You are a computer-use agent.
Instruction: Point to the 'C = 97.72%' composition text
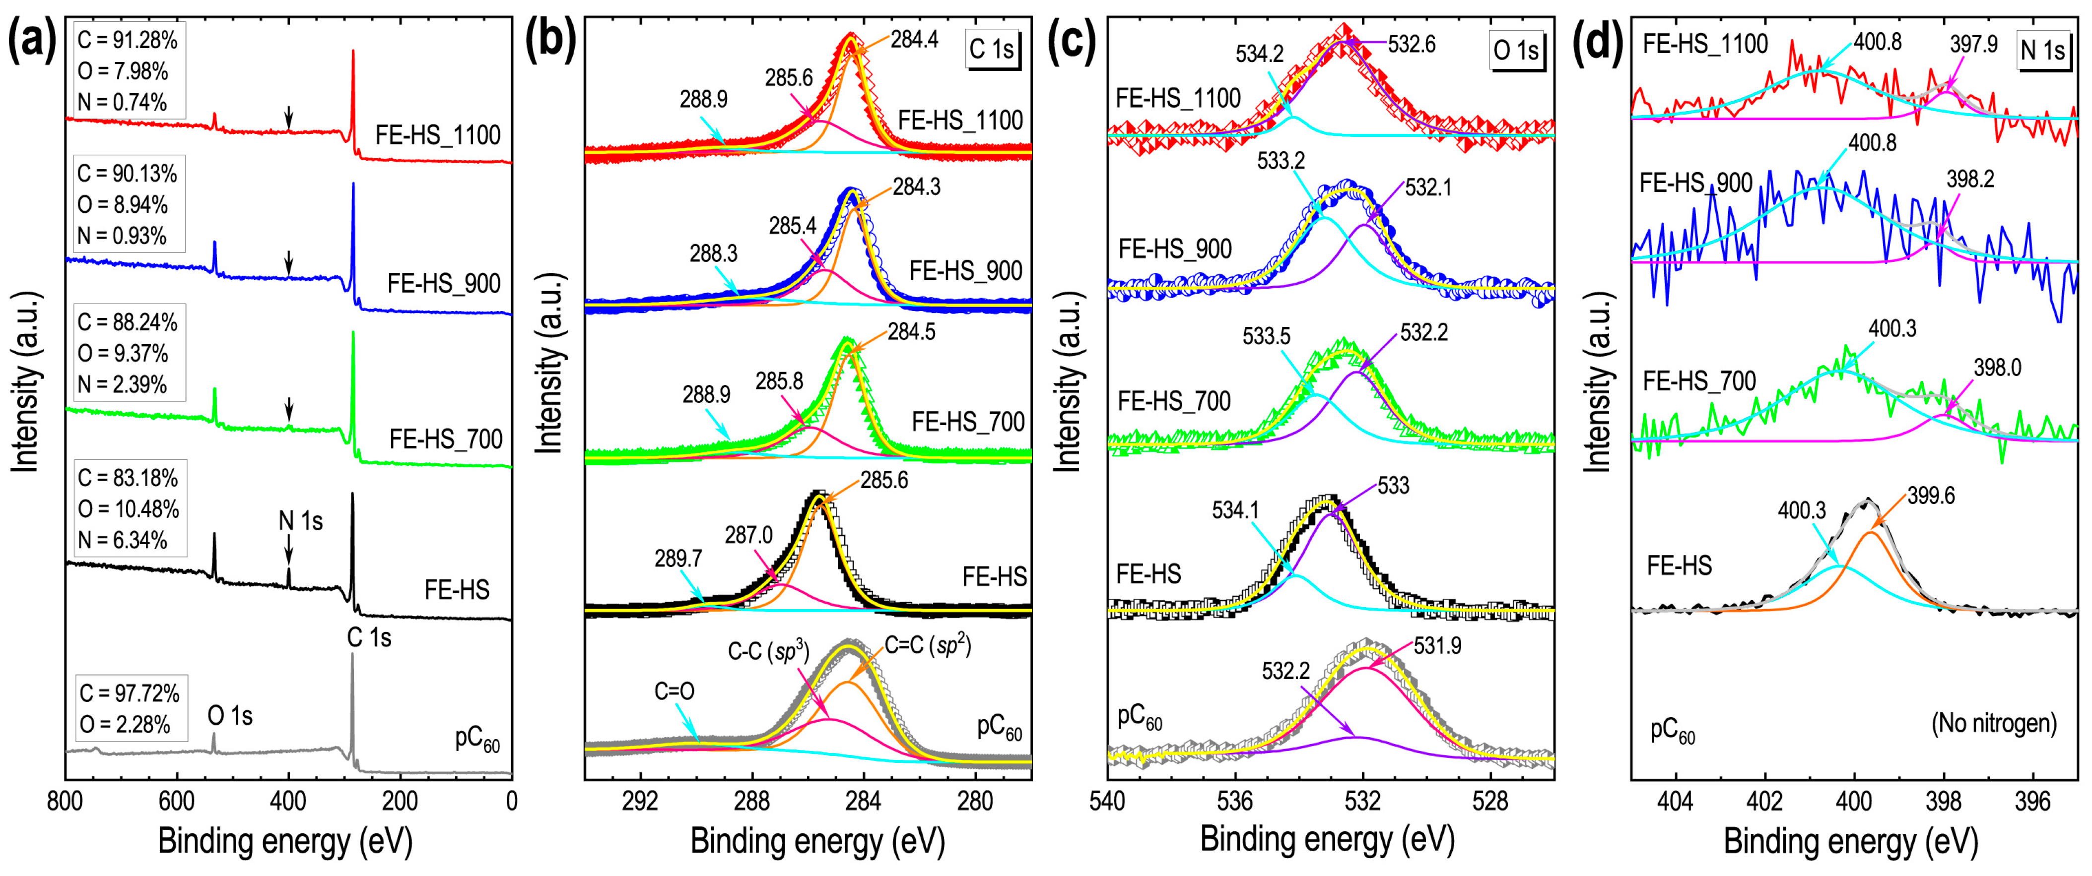click(129, 693)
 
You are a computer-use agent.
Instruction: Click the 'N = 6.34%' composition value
click(122, 540)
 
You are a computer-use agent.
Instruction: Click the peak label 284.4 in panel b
click(914, 39)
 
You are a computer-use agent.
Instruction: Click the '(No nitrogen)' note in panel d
click(1994, 723)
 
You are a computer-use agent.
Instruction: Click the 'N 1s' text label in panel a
click(300, 521)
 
